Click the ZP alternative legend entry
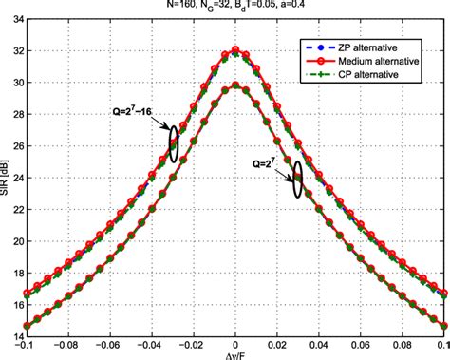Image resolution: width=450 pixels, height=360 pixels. click(375, 47)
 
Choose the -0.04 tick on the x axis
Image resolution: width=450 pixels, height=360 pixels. click(152, 347)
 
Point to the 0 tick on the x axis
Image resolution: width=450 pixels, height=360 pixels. click(236, 347)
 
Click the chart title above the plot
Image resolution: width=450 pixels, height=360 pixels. click(236, 6)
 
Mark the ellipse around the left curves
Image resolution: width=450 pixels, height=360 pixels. click(173, 142)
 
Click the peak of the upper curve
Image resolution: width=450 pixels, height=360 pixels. click(236, 50)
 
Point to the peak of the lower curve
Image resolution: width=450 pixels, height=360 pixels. click(236, 85)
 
